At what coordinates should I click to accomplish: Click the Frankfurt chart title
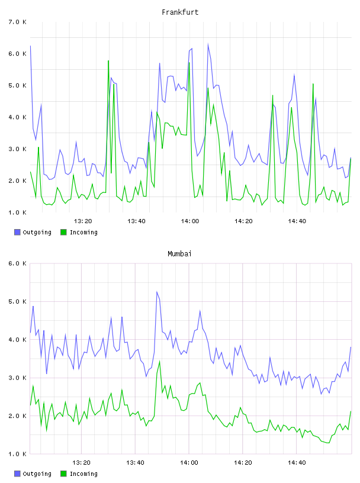coord(180,12)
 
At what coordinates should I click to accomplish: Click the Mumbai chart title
coord(179,254)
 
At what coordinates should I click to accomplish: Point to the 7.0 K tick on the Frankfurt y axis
coord(17,22)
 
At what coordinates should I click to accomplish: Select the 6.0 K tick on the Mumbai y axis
coord(17,263)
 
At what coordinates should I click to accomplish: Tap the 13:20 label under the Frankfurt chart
coord(83,221)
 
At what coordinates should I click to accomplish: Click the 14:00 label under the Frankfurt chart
coord(190,221)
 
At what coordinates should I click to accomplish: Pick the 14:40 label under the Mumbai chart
coord(297,463)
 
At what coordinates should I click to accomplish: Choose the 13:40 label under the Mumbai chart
coord(136,463)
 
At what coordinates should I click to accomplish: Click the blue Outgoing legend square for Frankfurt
coord(17,232)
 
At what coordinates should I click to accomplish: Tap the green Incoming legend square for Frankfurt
coord(63,232)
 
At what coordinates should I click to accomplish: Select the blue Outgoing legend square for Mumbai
coord(17,474)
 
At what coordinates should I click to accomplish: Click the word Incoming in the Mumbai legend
coord(83,474)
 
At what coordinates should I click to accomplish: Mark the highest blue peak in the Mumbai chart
coord(157,291)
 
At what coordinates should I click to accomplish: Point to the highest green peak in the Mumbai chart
coord(160,361)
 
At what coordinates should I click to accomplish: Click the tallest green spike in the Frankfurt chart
coord(108,61)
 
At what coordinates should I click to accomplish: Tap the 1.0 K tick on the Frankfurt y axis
coord(17,212)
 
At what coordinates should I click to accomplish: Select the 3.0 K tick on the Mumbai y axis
coord(17,378)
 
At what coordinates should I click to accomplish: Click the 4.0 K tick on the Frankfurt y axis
coord(17,117)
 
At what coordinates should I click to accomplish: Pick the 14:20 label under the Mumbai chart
coord(243,463)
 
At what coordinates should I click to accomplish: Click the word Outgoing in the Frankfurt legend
coord(37,233)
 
